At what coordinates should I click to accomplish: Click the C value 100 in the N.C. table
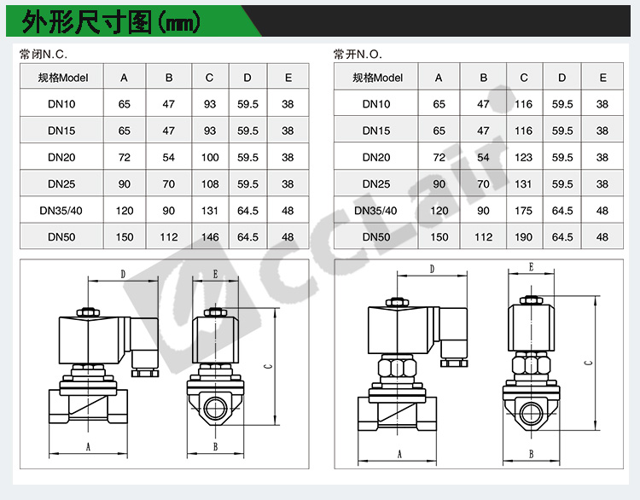point(210,158)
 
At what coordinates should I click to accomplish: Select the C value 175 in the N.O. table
point(523,211)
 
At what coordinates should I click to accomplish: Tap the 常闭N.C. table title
point(44,55)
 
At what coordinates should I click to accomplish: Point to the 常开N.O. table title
point(358,55)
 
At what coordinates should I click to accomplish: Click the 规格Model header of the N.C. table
point(63,78)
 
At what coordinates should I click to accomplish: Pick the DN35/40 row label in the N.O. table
point(375,211)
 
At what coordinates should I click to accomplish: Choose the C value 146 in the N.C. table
point(210,237)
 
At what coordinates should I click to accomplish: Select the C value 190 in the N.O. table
point(523,237)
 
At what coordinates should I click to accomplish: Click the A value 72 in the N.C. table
point(124,158)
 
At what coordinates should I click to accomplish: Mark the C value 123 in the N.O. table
point(523,158)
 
